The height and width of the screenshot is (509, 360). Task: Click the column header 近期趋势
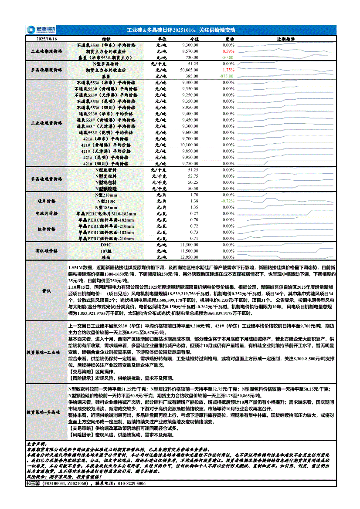(285, 39)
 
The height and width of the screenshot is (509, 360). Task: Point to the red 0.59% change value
(228, 51)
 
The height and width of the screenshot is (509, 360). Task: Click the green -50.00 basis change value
(227, 57)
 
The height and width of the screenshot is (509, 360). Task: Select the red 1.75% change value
(228, 70)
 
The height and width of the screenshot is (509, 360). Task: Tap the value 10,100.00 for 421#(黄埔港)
(189, 145)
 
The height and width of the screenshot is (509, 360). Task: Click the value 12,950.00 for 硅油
(189, 257)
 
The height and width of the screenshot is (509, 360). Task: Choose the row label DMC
(106, 245)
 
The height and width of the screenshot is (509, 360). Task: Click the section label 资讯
(46, 290)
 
